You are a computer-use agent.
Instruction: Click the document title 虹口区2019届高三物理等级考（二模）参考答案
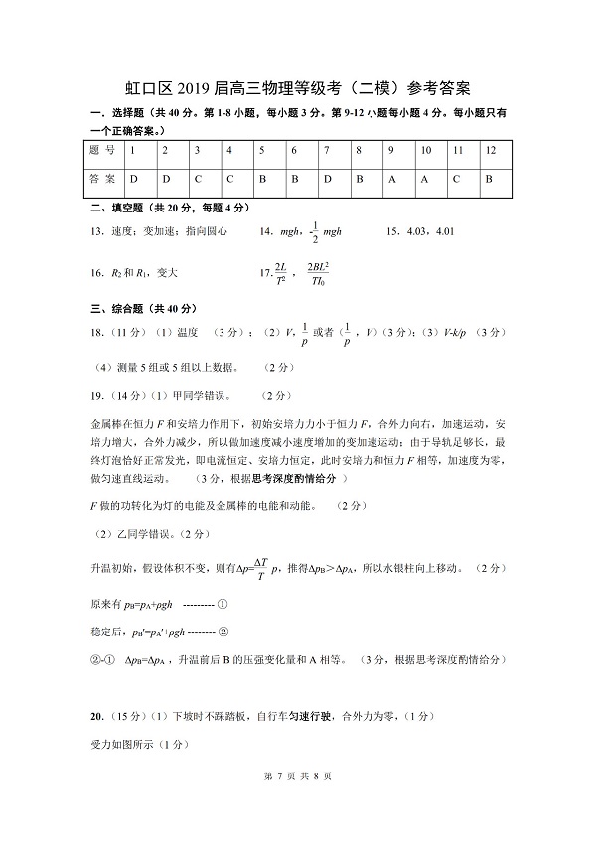pyautogui.click(x=298, y=88)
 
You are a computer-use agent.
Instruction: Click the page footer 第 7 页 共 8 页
pyautogui.click(x=297, y=802)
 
